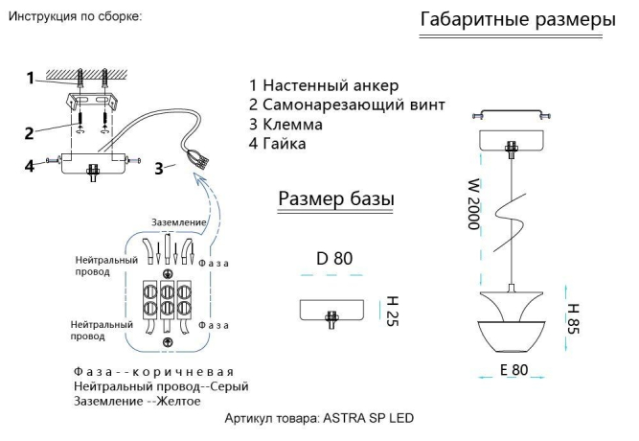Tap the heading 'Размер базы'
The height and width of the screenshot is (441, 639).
(x=336, y=198)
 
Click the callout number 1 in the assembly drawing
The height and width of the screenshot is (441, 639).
(x=29, y=77)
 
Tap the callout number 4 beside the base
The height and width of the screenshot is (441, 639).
(x=31, y=166)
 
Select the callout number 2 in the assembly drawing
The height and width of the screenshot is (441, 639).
(x=29, y=132)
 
